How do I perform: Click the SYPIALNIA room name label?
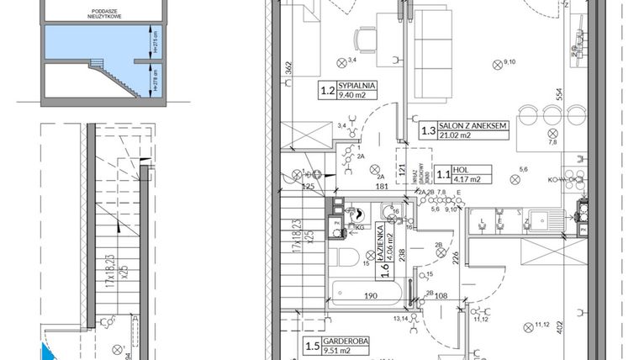[358, 86]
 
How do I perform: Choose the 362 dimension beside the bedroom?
[288, 69]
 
